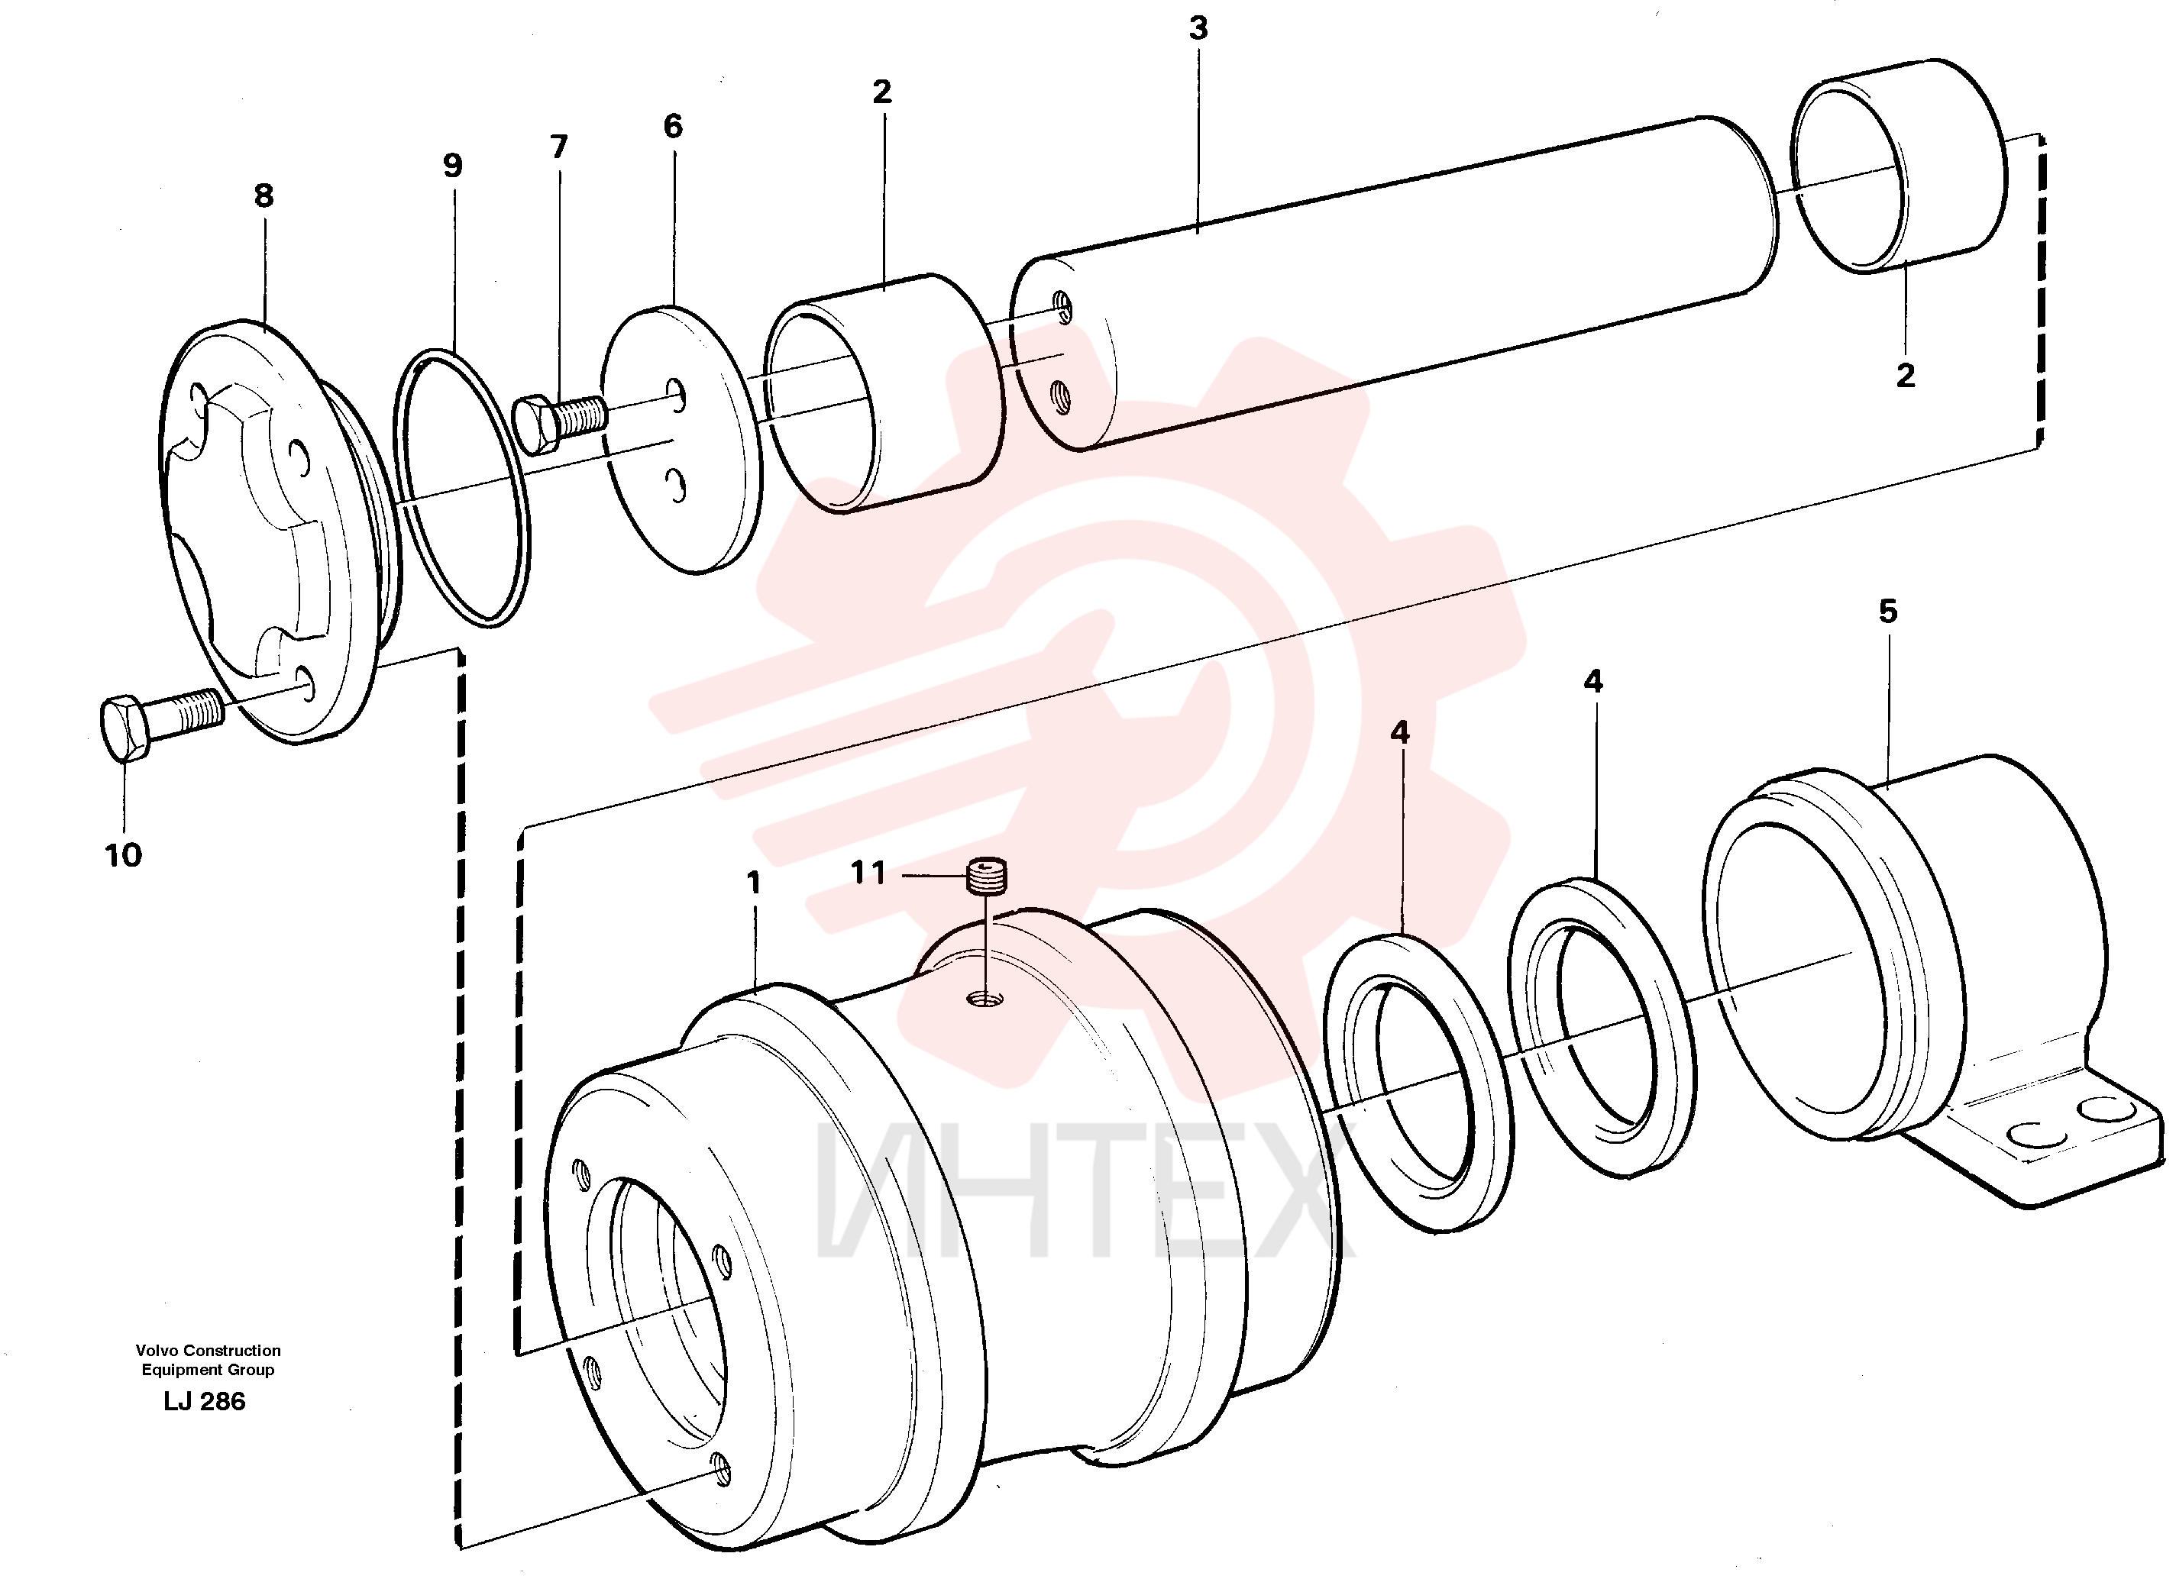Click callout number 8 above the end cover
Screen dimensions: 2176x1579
[264, 195]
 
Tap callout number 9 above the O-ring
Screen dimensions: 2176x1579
[453, 166]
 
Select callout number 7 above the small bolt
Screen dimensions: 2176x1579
[559, 147]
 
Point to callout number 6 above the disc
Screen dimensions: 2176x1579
[674, 126]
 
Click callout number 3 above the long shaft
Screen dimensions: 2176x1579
[1198, 29]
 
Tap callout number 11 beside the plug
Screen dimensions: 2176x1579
[868, 873]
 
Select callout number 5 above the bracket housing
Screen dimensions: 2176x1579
[1888, 611]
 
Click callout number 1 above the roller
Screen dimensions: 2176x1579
[754, 883]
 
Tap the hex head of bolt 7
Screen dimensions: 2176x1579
[537, 424]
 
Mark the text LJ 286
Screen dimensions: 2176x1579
[205, 1402]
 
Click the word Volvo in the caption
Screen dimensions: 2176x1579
[154, 1351]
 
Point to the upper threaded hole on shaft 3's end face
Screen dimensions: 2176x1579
[1061, 307]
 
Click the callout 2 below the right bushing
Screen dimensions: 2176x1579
[1906, 375]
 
